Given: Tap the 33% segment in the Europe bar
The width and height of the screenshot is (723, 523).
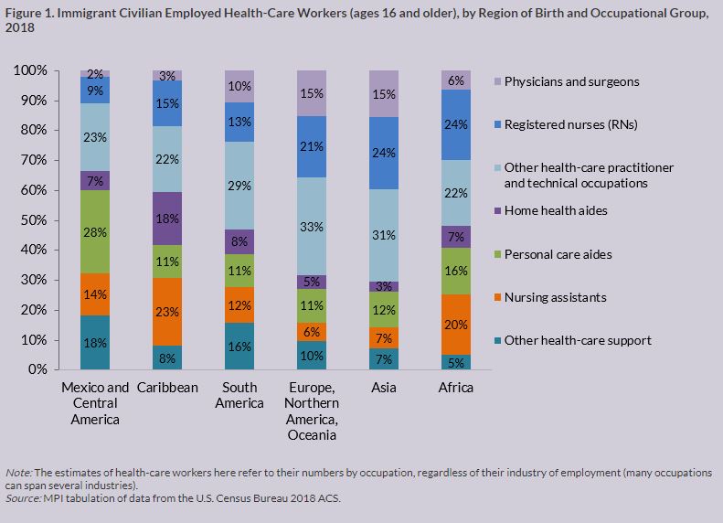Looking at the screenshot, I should coord(311,226).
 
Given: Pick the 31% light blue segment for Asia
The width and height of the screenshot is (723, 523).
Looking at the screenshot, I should coord(385,235).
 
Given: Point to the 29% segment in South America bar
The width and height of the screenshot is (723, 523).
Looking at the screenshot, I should coord(239,186).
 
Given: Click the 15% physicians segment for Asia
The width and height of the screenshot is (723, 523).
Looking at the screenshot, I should coord(385,94).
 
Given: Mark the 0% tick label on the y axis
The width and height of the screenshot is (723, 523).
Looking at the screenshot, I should coord(38,369).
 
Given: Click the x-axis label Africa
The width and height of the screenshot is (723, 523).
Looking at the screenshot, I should coord(455,388).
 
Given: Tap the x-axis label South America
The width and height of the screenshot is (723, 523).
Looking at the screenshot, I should coord(239,395).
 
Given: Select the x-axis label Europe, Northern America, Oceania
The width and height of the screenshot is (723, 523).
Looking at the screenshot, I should coord(311,411).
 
